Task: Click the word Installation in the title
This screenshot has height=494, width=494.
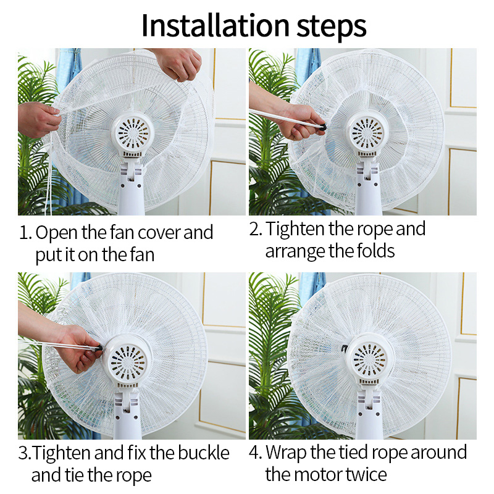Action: [x=215, y=25]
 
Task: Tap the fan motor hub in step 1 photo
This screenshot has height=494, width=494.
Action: [x=132, y=135]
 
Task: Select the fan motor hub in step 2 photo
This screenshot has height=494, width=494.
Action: [x=367, y=133]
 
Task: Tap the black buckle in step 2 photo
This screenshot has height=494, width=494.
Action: [x=322, y=128]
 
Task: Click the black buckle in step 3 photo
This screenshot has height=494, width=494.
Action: [x=99, y=348]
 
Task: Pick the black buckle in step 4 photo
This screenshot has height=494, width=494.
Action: [x=345, y=348]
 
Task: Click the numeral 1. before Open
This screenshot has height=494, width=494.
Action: [x=26, y=233]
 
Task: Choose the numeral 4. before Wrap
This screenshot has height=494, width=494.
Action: [x=255, y=453]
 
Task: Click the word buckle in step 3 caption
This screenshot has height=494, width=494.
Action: [x=204, y=453]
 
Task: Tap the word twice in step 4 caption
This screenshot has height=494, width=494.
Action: [x=366, y=475]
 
